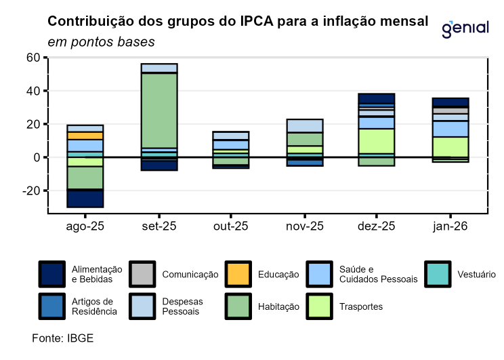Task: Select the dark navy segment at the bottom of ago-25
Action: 85,198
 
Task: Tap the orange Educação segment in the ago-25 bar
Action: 85,136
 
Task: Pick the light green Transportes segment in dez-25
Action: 377,140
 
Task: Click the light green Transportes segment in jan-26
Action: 450,146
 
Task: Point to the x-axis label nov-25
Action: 303,226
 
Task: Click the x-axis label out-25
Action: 230,226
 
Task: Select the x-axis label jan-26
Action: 450,226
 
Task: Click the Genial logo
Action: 465,28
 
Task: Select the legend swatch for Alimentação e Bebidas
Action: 51,274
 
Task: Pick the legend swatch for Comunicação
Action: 142,274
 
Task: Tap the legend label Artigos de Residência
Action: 94,306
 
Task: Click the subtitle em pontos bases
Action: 101,42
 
